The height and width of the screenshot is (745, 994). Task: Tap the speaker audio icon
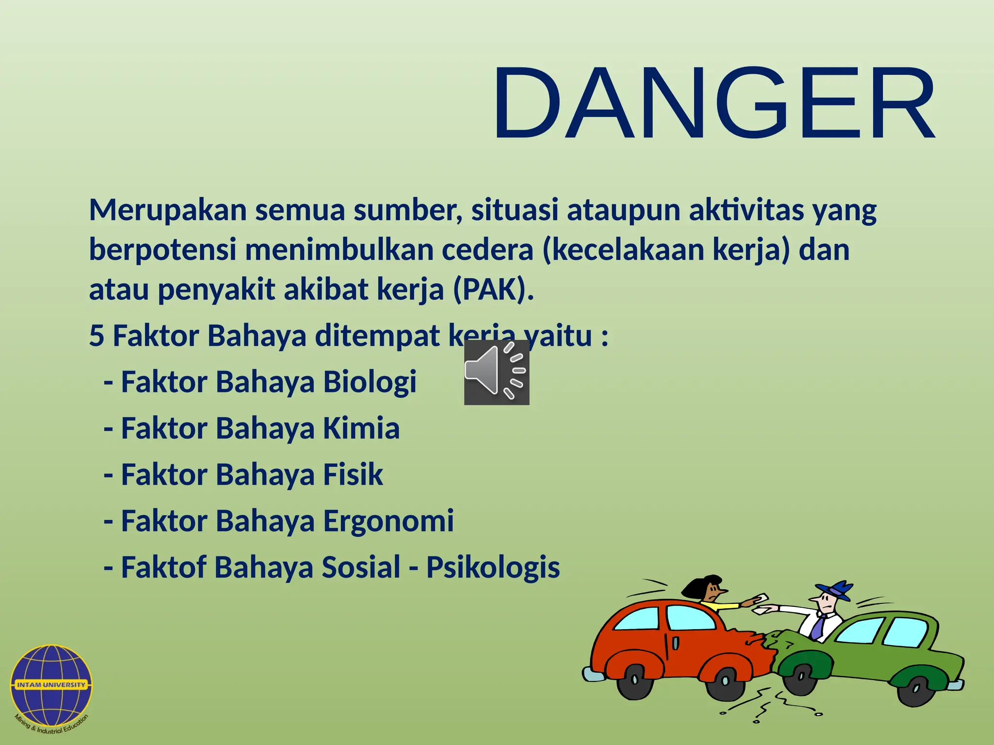[x=496, y=372]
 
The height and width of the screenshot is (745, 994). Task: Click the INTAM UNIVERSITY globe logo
[x=51, y=684]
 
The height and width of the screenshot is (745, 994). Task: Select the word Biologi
[x=370, y=382]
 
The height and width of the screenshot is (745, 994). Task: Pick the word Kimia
[x=361, y=428]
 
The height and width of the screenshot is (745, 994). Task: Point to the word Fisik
[x=353, y=474]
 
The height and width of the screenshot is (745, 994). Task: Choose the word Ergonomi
[x=388, y=521]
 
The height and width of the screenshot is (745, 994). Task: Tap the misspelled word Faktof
[x=164, y=567]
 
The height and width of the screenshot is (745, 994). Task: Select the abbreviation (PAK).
[x=493, y=290]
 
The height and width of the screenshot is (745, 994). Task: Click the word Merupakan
[x=168, y=211]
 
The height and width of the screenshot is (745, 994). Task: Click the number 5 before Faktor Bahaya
[x=97, y=336]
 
